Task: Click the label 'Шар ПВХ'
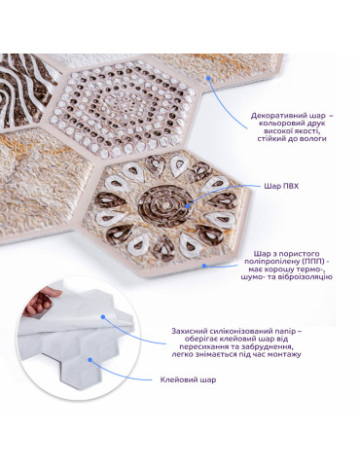point(281,187)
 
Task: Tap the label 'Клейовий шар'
point(188,379)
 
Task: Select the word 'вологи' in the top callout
point(313,139)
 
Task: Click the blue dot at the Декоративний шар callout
point(209,78)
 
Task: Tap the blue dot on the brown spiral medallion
point(187,205)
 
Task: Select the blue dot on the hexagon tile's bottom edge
point(204,266)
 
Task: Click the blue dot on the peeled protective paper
point(103,317)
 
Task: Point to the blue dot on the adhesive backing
point(90,360)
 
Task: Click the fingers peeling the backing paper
point(41,303)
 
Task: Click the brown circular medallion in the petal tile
point(165,205)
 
